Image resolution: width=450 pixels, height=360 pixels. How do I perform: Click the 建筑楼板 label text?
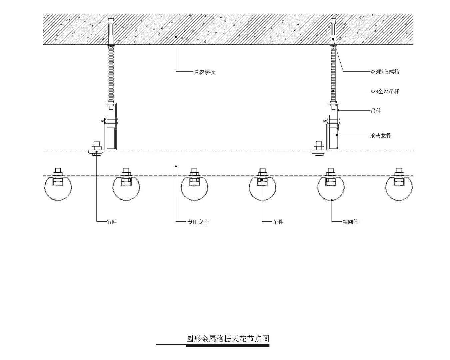pyautogui.click(x=205, y=72)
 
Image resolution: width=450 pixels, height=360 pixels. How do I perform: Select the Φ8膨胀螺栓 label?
pyautogui.click(x=385, y=72)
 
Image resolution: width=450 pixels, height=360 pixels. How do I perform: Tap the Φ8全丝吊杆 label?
pyautogui.click(x=385, y=91)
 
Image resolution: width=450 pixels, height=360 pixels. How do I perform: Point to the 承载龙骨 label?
pyautogui.click(x=381, y=136)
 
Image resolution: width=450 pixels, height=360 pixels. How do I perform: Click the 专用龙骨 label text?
pyautogui.click(x=198, y=222)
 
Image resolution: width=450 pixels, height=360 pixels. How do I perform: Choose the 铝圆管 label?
pyautogui.click(x=351, y=222)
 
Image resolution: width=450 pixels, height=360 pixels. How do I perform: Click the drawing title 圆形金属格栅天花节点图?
pyautogui.click(x=228, y=339)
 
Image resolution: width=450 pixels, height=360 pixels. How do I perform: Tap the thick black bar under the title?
pyautogui.click(x=228, y=346)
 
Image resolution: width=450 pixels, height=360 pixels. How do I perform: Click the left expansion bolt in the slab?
pyautogui.click(x=111, y=32)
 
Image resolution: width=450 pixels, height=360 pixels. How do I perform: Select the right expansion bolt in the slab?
pyautogui.click(x=333, y=32)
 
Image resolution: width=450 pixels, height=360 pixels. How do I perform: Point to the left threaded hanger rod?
pyautogui.click(x=111, y=75)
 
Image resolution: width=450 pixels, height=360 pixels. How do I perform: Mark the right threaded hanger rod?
pyautogui.click(x=333, y=75)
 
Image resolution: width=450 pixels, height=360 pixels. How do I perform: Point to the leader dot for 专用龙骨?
pyautogui.click(x=176, y=166)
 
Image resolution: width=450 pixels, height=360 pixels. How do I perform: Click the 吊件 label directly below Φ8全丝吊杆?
pyautogui.click(x=376, y=111)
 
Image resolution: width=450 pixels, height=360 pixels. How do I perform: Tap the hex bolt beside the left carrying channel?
pyautogui.click(x=96, y=147)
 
